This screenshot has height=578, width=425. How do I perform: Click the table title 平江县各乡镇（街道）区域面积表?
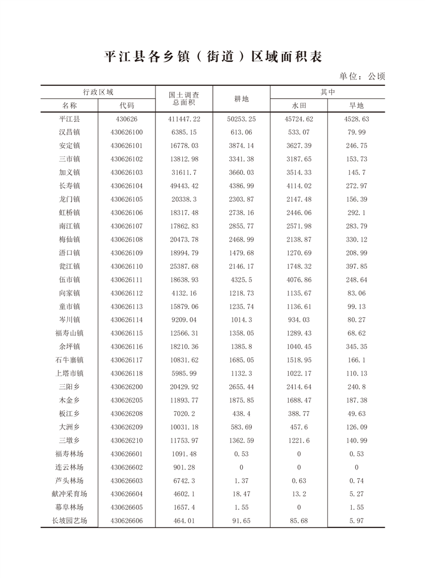coord(213,56)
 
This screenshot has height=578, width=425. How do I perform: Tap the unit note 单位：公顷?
coord(362,76)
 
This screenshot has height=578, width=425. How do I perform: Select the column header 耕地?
coord(241,99)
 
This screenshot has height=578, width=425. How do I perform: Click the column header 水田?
coord(299,105)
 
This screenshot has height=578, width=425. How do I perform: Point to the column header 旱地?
coord(356,105)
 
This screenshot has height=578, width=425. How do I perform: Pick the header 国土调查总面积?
coord(184,98)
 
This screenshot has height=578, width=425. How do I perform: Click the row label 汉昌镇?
coord(69,132)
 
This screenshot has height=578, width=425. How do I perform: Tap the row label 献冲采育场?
coord(69,494)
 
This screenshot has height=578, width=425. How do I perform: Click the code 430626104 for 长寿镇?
coord(126,186)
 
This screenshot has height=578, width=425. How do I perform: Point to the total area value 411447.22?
coord(184,119)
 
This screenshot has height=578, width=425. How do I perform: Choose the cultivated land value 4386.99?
coord(241,186)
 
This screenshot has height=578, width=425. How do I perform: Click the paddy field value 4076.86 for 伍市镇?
coord(299,279)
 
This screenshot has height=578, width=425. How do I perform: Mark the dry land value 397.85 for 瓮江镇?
coord(356,266)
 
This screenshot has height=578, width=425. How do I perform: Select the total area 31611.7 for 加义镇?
coord(184,172)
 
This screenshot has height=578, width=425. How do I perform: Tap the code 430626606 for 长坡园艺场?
coord(126,521)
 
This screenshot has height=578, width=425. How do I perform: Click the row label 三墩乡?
coord(69,440)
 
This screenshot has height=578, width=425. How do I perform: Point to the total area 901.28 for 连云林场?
coord(184,467)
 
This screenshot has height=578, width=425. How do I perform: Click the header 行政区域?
coord(98,92)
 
